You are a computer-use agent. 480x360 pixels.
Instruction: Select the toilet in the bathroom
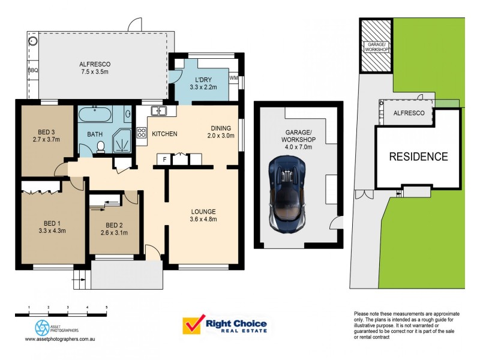tap(101, 146)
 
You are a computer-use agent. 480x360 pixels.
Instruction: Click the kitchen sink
tap(159, 111)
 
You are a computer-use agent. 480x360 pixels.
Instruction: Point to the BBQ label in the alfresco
tap(33, 70)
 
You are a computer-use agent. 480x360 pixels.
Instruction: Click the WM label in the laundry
tap(233, 77)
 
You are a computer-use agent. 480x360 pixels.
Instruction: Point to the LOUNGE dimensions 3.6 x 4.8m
tap(203, 220)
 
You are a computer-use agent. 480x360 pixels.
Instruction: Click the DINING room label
tap(221, 127)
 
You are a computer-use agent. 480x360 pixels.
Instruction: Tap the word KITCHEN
tap(164, 133)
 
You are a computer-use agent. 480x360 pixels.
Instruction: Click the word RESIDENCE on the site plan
tap(418, 157)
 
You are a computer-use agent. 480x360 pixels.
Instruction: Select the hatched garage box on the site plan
tap(376, 45)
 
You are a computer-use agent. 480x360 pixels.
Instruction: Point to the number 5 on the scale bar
tap(107, 307)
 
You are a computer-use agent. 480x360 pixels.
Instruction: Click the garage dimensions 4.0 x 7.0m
tap(298, 142)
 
